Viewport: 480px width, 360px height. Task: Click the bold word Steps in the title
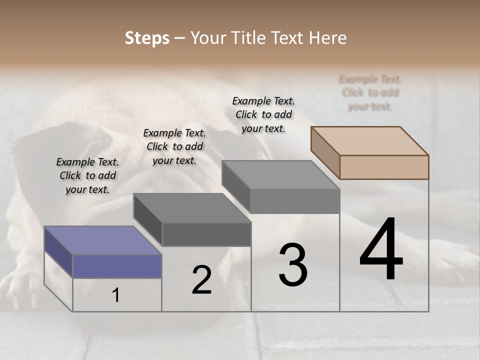click(x=147, y=38)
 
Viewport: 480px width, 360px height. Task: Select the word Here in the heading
click(x=328, y=38)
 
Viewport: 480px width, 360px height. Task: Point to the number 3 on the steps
click(x=293, y=264)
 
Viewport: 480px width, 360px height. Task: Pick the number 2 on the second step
click(x=202, y=280)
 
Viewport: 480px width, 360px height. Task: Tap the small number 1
click(x=116, y=295)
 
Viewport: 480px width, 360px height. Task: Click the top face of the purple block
click(x=102, y=240)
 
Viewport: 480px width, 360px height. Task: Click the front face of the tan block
click(x=384, y=167)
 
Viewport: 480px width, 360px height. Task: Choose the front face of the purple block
click(x=117, y=265)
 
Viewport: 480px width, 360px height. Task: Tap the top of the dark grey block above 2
click(x=192, y=208)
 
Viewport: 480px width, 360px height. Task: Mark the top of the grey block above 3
click(x=280, y=175)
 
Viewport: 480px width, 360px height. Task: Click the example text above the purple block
click(x=87, y=175)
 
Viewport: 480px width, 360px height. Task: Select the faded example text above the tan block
click(x=370, y=92)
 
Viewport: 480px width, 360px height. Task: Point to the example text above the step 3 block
click(x=263, y=114)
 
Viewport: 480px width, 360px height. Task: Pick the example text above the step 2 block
click(x=174, y=146)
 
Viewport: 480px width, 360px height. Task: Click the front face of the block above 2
click(x=206, y=234)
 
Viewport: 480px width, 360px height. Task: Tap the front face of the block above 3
click(x=295, y=201)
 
